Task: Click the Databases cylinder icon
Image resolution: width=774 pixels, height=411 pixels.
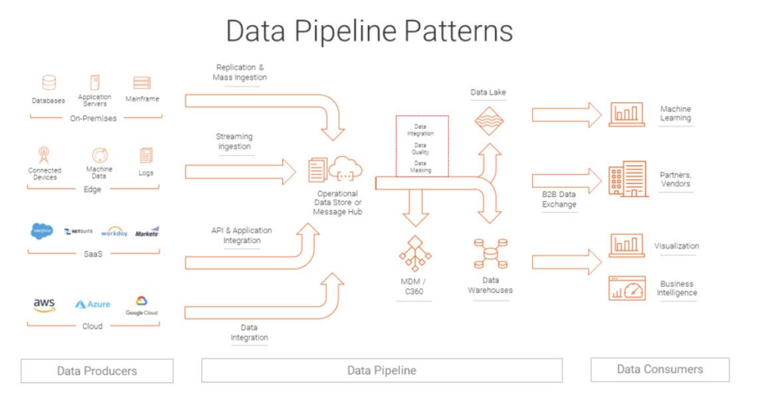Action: (x=48, y=83)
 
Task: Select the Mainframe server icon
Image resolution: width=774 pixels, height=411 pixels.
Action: (x=142, y=83)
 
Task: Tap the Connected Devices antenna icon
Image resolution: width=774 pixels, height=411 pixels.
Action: (x=44, y=155)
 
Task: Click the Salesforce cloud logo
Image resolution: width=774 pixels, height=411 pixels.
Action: (x=42, y=232)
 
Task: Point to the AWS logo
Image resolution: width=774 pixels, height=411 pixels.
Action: (x=44, y=305)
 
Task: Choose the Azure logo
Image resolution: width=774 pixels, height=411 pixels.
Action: (x=92, y=304)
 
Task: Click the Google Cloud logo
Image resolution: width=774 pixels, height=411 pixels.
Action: (x=142, y=305)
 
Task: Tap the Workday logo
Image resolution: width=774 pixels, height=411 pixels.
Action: (x=114, y=232)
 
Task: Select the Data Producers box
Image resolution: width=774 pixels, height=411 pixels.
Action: (x=97, y=371)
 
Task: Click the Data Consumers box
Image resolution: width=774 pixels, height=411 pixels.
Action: (x=660, y=369)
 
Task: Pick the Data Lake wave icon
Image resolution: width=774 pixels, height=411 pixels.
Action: (x=488, y=122)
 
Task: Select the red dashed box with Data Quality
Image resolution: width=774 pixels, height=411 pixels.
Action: (x=422, y=146)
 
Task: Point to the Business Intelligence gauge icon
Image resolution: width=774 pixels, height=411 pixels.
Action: (x=627, y=289)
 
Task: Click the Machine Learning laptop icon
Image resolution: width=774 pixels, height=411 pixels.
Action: (x=627, y=114)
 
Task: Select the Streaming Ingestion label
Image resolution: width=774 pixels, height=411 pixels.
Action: (x=235, y=141)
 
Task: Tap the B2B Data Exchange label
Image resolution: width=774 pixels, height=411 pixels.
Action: (x=559, y=199)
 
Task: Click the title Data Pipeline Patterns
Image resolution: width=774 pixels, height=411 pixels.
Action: (x=369, y=31)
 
